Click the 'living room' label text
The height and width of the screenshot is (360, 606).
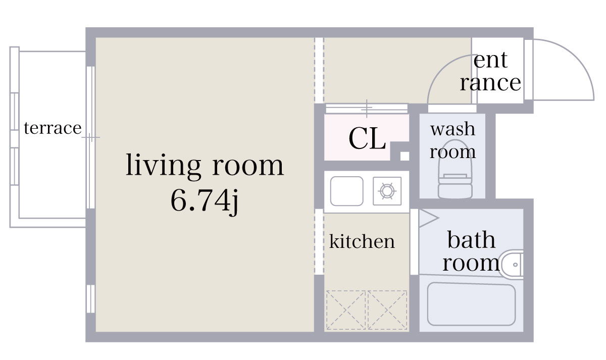(x=205, y=166)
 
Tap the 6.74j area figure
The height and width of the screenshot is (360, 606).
(x=205, y=201)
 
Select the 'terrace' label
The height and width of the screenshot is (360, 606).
(x=53, y=128)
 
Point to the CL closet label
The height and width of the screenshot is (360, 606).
(x=367, y=138)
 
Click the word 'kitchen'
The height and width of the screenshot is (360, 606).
(x=362, y=242)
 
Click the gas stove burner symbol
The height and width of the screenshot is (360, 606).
(x=387, y=191)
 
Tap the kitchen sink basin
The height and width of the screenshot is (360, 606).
(x=346, y=191)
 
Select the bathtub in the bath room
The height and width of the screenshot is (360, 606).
(x=471, y=304)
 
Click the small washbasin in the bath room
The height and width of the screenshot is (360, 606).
(x=512, y=264)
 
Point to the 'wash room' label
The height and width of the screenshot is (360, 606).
(x=452, y=140)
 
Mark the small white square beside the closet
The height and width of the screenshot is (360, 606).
(x=405, y=156)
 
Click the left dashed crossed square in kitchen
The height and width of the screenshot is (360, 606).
(x=345, y=310)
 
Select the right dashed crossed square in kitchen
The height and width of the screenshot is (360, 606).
(x=387, y=310)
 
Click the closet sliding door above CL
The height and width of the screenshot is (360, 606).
(x=367, y=108)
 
